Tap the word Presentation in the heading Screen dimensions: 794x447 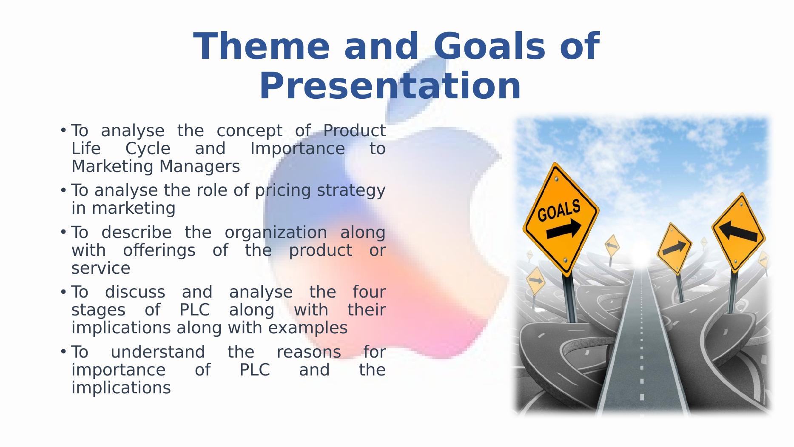[x=390, y=86]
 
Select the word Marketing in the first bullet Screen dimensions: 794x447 [x=113, y=166]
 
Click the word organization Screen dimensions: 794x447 [x=276, y=233]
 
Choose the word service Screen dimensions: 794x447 [x=101, y=268]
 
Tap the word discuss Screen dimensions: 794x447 [x=135, y=292]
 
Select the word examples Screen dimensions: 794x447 [x=308, y=328]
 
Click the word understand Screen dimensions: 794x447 [x=158, y=352]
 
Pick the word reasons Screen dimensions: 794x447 [x=309, y=352]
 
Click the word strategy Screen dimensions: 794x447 [x=351, y=191]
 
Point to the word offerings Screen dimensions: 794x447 [x=159, y=250]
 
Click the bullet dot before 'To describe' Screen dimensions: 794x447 [x=63, y=232]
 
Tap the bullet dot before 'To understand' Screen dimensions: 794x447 [x=63, y=351]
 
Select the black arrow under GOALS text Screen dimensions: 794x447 [x=564, y=229]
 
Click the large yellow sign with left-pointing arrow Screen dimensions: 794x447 [x=739, y=232]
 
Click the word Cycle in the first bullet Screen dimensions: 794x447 [x=148, y=149]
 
